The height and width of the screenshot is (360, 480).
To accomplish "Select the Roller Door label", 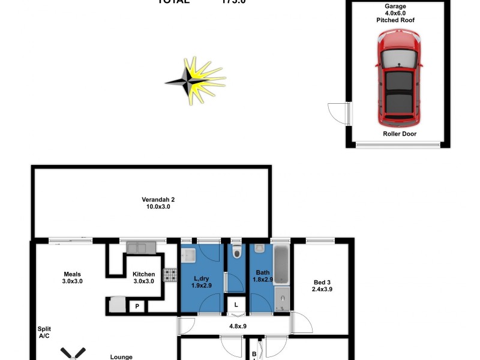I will pyautogui.click(x=399, y=134).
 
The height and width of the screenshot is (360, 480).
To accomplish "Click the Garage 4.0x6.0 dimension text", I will pyautogui.click(x=395, y=13).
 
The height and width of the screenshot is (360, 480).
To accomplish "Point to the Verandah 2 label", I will pyautogui.click(x=158, y=203).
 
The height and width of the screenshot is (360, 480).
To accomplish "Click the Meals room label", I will pyautogui.click(x=72, y=277).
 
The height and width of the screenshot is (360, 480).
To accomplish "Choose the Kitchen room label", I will pyautogui.click(x=143, y=278).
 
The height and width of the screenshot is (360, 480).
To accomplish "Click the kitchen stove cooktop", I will pyautogui.click(x=170, y=275).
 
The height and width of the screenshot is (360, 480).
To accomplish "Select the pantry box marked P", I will pyautogui.click(x=137, y=307).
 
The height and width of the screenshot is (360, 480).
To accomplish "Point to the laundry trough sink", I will pyautogui.click(x=190, y=255).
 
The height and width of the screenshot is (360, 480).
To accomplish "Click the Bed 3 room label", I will pyautogui.click(x=323, y=286).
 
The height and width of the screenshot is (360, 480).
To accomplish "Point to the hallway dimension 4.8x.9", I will pyautogui.click(x=238, y=327).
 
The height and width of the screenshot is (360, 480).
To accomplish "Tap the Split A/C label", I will pyautogui.click(x=44, y=332).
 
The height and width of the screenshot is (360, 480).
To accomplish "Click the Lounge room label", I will pyautogui.click(x=121, y=357).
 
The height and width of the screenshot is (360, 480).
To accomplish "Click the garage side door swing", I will pyautogui.click(x=338, y=112).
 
